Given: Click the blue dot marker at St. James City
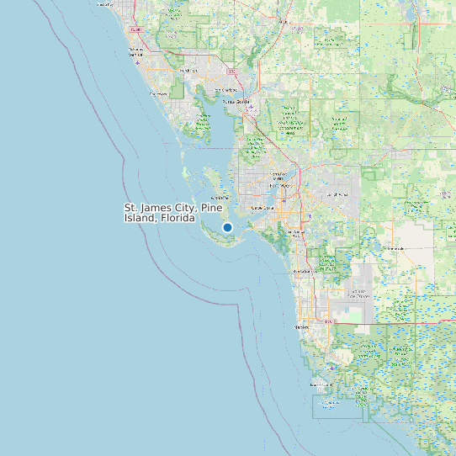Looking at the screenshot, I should coord(227,227).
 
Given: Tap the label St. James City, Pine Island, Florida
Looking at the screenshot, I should coord(160,213).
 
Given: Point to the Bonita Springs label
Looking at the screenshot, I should coord(301,272).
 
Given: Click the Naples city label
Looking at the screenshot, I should coord(301,326).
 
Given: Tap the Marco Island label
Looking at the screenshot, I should coord(322,384).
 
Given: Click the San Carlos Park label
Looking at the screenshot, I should coord(297,232).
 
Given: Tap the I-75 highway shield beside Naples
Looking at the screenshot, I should coord(330,321).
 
